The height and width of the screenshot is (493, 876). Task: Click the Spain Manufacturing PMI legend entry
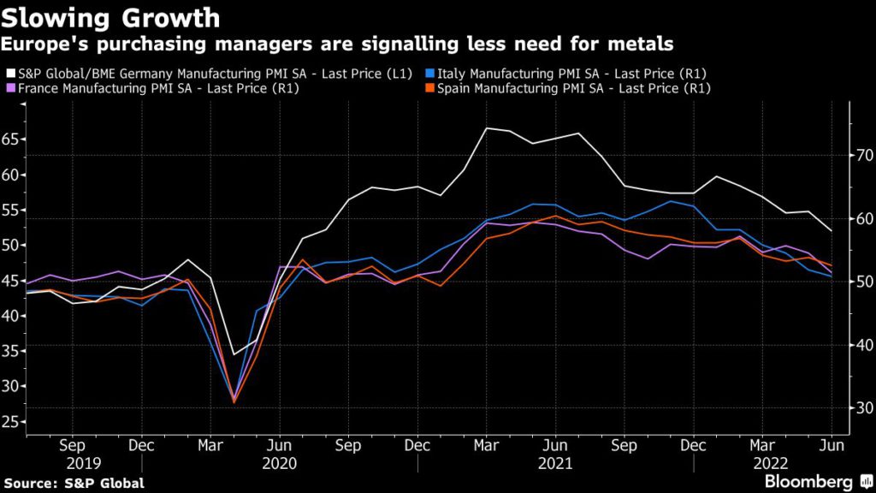click(573, 88)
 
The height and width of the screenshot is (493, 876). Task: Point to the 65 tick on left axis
click(11, 140)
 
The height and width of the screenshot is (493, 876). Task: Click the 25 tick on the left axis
click(11, 421)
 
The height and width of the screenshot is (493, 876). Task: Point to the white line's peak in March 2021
click(486, 128)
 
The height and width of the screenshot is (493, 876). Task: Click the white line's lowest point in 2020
click(234, 354)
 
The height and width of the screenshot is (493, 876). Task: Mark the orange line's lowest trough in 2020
click(234, 402)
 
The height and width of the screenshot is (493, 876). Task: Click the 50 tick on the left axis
click(11, 245)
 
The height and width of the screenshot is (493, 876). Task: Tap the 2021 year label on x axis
click(555, 462)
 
